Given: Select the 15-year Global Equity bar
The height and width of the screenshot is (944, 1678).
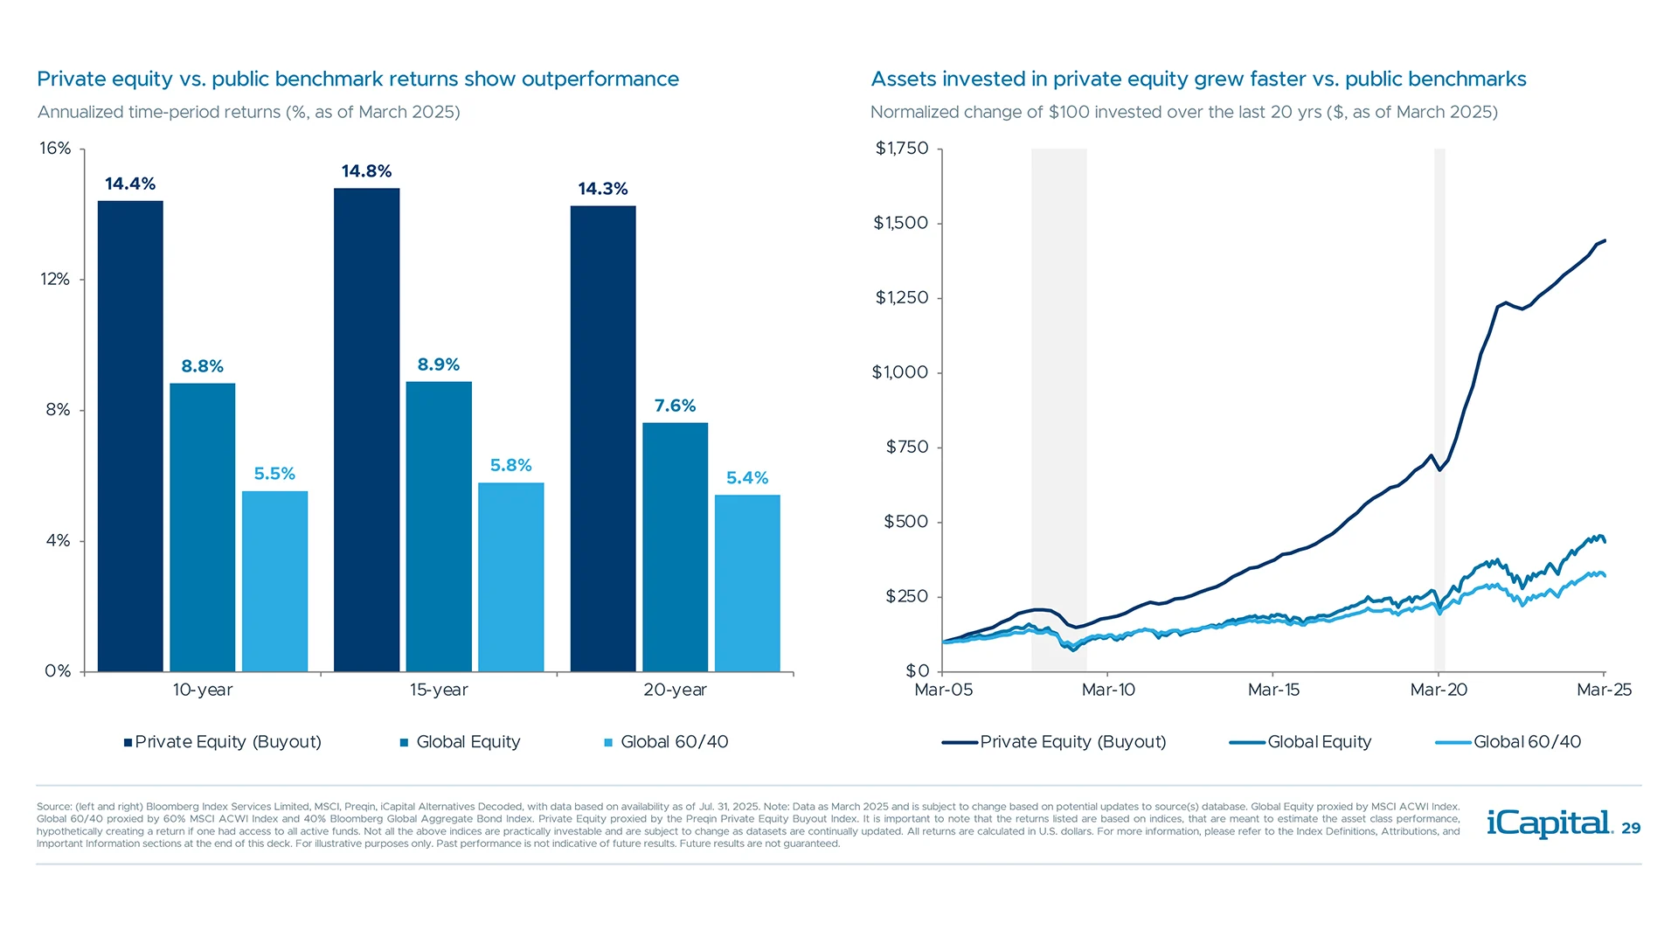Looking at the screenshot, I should click(x=439, y=526).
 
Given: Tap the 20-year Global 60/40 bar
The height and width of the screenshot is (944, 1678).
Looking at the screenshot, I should click(x=747, y=583).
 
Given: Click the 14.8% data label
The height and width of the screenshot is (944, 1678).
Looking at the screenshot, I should click(x=366, y=171).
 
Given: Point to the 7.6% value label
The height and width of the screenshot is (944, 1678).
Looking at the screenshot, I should click(x=675, y=406).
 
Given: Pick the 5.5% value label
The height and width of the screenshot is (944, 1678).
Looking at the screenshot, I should click(x=274, y=474).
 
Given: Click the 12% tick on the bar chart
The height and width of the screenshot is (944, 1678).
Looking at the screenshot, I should click(x=55, y=279).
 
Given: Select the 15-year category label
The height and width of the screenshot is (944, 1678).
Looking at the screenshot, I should click(x=439, y=690).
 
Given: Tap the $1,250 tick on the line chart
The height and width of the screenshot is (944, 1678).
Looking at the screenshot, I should click(x=901, y=297).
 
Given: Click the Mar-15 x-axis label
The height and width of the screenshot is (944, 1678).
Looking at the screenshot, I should click(x=1273, y=690).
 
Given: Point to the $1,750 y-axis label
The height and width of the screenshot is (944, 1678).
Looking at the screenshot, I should click(x=901, y=148).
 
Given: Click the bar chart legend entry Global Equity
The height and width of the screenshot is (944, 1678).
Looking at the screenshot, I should click(x=468, y=742).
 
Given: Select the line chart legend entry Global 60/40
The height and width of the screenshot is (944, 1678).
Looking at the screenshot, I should click(x=1526, y=742).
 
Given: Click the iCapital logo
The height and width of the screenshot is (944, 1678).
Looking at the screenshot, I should click(x=1549, y=823).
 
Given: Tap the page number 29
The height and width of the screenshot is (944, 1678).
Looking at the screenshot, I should click(x=1631, y=829).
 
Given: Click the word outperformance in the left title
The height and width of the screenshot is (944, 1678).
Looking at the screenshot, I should click(x=600, y=80).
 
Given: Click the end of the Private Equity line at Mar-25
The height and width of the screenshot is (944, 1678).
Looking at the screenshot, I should click(x=1605, y=240).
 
